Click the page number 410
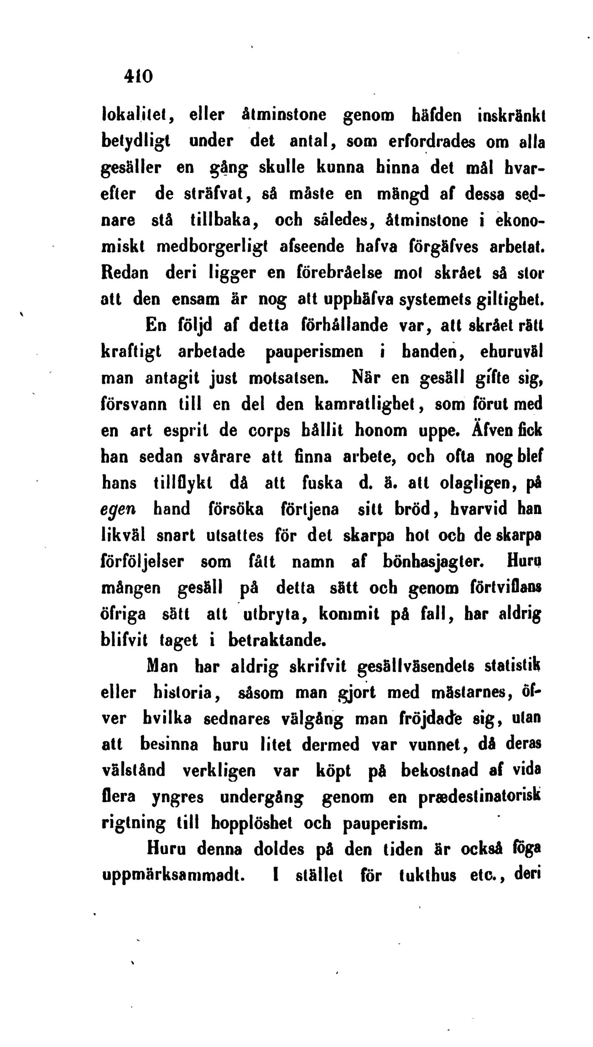click(136, 75)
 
